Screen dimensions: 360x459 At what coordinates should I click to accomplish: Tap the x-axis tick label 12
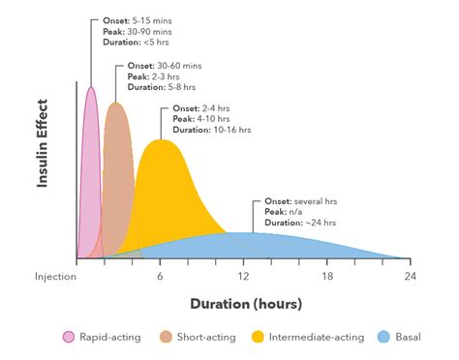click(x=244, y=277)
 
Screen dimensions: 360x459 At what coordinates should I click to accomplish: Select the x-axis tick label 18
click(x=327, y=277)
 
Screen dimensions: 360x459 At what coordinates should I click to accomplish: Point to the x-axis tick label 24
click(x=410, y=277)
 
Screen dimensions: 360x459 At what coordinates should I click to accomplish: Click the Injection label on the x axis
click(x=55, y=277)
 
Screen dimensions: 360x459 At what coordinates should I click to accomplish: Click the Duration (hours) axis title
click(x=245, y=303)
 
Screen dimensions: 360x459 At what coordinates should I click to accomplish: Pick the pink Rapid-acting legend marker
click(x=68, y=337)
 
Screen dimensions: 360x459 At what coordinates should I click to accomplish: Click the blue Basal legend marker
click(x=383, y=337)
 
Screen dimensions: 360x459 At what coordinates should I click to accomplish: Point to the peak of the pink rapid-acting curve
click(x=92, y=88)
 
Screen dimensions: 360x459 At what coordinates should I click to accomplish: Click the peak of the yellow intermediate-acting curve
click(x=161, y=141)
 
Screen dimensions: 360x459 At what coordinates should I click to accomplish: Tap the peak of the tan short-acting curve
click(x=116, y=104)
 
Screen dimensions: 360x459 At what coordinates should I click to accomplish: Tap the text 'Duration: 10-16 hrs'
click(x=211, y=129)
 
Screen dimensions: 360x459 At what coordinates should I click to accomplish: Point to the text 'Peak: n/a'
click(x=284, y=212)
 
